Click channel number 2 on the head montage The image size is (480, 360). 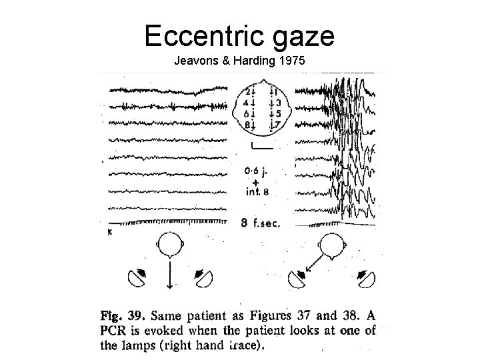point(247,91)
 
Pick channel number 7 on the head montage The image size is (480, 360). point(278,125)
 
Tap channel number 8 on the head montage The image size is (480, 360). point(247,125)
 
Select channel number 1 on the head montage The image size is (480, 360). point(278,91)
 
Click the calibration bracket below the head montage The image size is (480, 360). point(263,146)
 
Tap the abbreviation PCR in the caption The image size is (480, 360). point(115,330)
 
